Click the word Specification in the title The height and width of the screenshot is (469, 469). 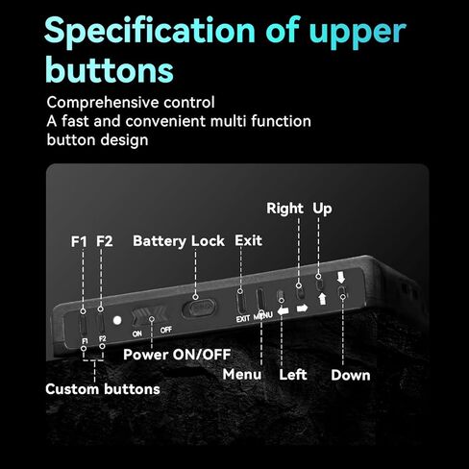150,32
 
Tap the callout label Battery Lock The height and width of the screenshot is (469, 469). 179,241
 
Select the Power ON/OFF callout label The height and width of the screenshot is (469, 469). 177,355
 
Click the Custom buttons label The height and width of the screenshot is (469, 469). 103,389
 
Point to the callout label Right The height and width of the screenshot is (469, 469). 284,209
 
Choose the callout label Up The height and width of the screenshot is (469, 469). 322,209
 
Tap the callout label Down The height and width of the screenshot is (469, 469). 351,375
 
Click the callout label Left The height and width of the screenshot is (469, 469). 293,375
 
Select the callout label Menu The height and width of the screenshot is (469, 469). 242,374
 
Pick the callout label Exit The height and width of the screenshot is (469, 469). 248,240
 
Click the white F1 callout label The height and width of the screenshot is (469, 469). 79,241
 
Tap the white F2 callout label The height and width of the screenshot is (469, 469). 105,241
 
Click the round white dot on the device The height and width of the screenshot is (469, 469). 117,320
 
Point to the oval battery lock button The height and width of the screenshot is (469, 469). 199,309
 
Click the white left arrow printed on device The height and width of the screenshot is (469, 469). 284,310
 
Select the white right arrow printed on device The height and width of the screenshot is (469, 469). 302,309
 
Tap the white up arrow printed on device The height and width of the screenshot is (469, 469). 322,299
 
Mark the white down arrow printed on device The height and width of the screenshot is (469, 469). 341,278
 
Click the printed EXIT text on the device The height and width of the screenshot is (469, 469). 243,319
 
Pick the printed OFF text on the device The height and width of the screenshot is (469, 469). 166,330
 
